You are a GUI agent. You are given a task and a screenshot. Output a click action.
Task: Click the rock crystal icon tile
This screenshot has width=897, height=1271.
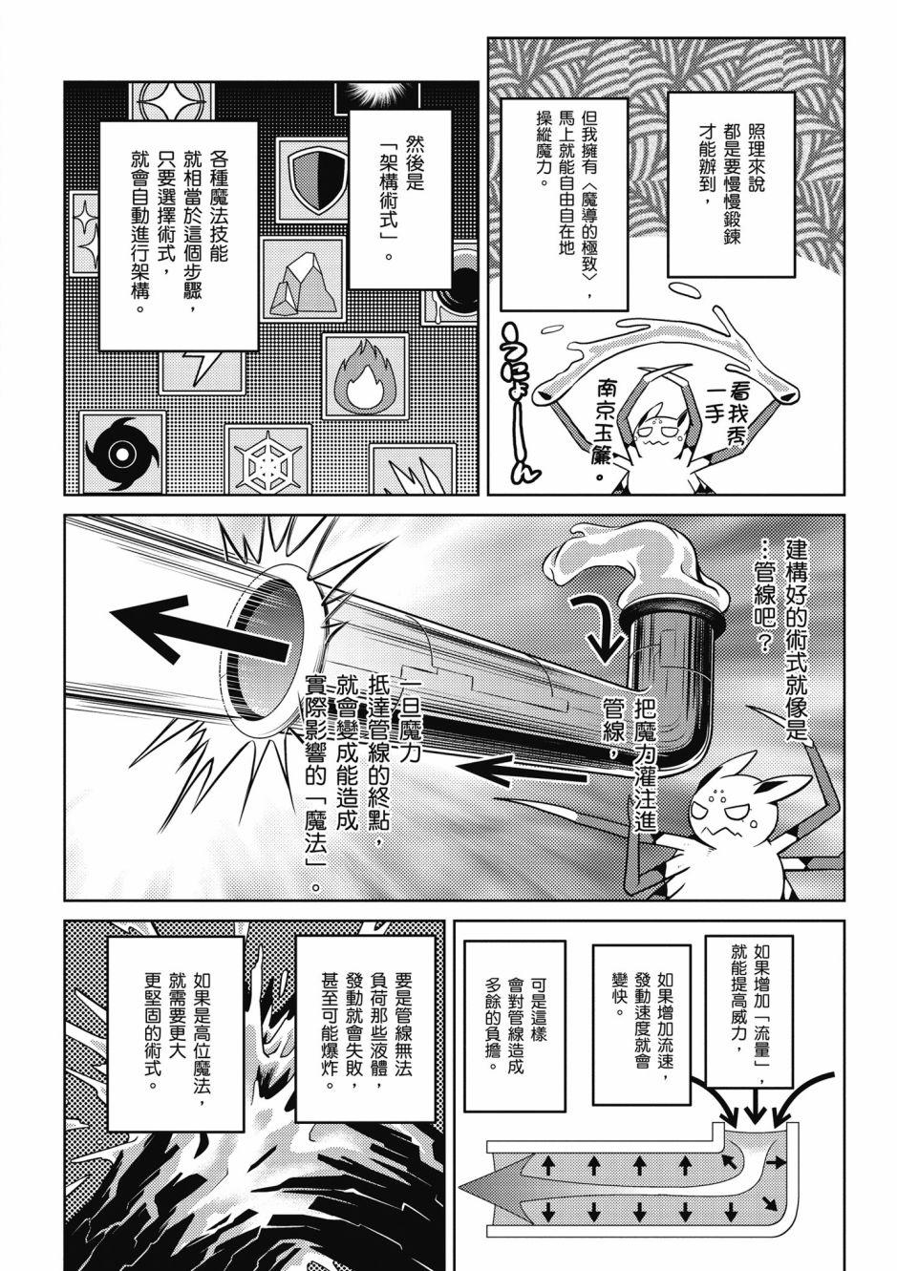pyautogui.click(x=303, y=281)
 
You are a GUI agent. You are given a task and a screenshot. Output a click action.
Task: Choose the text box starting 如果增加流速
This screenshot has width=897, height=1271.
pyautogui.click(x=642, y=1025)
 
